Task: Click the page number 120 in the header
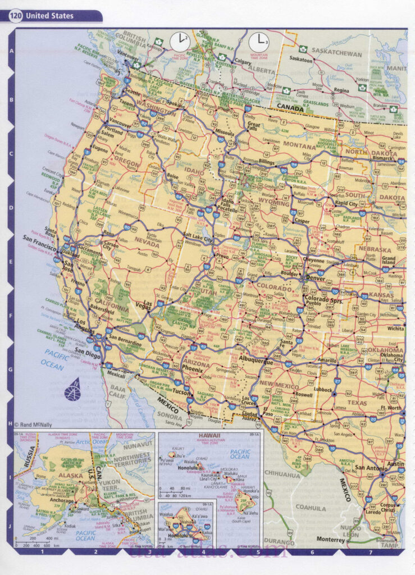[x=15, y=16]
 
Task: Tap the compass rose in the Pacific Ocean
[x=72, y=389]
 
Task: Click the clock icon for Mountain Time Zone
[x=259, y=41]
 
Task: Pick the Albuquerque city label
[x=255, y=362]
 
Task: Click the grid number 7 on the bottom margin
[x=370, y=552]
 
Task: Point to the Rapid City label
[x=349, y=203]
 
